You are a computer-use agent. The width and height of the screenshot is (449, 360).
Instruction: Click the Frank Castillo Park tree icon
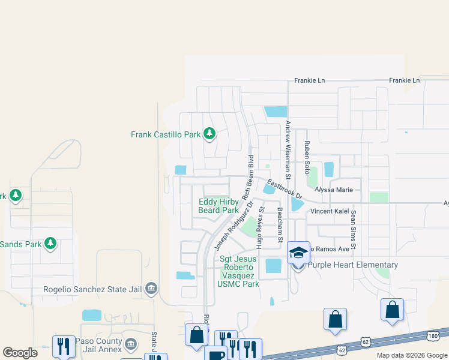pos(209,133)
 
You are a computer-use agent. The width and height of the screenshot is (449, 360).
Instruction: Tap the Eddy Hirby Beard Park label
pos(218,206)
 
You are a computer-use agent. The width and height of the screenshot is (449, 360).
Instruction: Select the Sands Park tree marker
pos(51,243)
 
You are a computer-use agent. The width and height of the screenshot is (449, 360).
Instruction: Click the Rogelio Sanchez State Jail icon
pos(151,289)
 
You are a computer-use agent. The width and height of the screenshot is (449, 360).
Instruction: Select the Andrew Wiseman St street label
pos(288,150)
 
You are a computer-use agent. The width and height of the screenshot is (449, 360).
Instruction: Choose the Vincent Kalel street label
pos(330,212)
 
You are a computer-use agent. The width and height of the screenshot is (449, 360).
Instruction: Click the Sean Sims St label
pos(354,230)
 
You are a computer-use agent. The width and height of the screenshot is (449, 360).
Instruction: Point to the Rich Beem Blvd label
pos(248,177)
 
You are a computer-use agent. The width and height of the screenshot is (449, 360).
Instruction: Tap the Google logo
pos(20,353)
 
